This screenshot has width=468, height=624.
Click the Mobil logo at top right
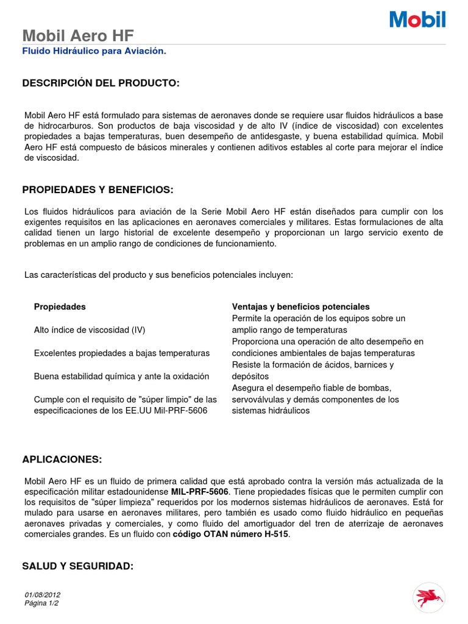[x=417, y=19]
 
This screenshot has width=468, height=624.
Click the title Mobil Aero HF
[x=77, y=35]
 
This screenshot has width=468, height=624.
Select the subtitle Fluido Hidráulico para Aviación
[x=94, y=51]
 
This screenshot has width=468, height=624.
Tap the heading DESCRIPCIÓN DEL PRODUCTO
[x=101, y=83]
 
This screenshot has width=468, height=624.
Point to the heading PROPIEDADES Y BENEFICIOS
[x=97, y=190]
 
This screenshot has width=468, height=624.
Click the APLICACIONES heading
[x=62, y=458]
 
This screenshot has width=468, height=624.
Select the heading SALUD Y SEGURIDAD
[x=77, y=566]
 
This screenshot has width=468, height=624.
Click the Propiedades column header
[x=60, y=307]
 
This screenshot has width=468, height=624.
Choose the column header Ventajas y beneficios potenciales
[x=300, y=307]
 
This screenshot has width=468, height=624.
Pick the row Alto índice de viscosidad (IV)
[x=90, y=330]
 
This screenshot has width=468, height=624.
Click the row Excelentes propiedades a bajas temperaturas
[x=122, y=353]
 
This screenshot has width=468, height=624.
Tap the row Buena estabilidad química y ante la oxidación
[x=121, y=376]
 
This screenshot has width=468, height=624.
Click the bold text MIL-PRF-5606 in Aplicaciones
[x=199, y=491]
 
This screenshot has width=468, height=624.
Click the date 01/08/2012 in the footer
[x=43, y=595]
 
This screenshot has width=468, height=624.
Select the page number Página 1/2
[x=42, y=603]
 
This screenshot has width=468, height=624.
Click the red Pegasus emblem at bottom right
[x=429, y=595]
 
